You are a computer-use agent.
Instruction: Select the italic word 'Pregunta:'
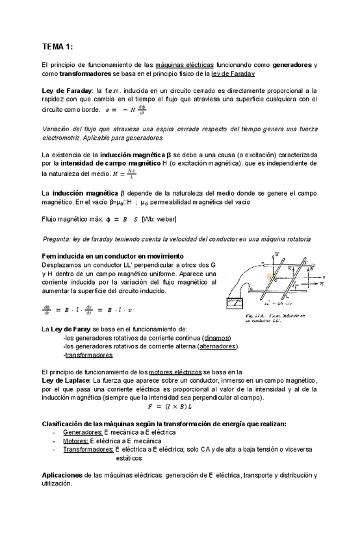[x=58, y=239]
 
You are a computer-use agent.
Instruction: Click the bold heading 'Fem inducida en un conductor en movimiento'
[x=112, y=256]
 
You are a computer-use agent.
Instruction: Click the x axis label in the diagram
[x=323, y=277]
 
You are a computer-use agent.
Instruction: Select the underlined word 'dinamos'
[x=216, y=339]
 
